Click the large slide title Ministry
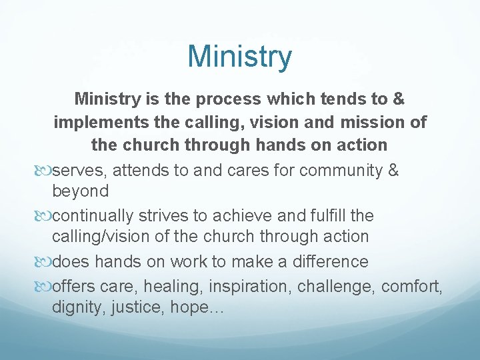click(240, 57)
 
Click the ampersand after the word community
click(393, 170)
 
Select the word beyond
click(80, 191)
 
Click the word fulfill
click(323, 215)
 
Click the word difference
click(329, 261)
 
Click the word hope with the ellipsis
click(200, 308)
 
